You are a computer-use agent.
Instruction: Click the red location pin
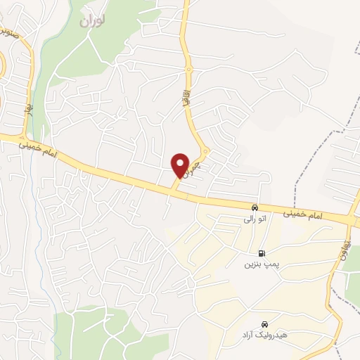point(180,165)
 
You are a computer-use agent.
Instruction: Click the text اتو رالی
point(254,219)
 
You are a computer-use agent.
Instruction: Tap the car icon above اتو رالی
point(254,208)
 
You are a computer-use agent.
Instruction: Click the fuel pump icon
point(262,253)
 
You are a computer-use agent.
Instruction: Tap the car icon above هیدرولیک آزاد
point(264,323)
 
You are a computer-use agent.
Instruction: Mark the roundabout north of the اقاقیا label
point(188,69)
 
